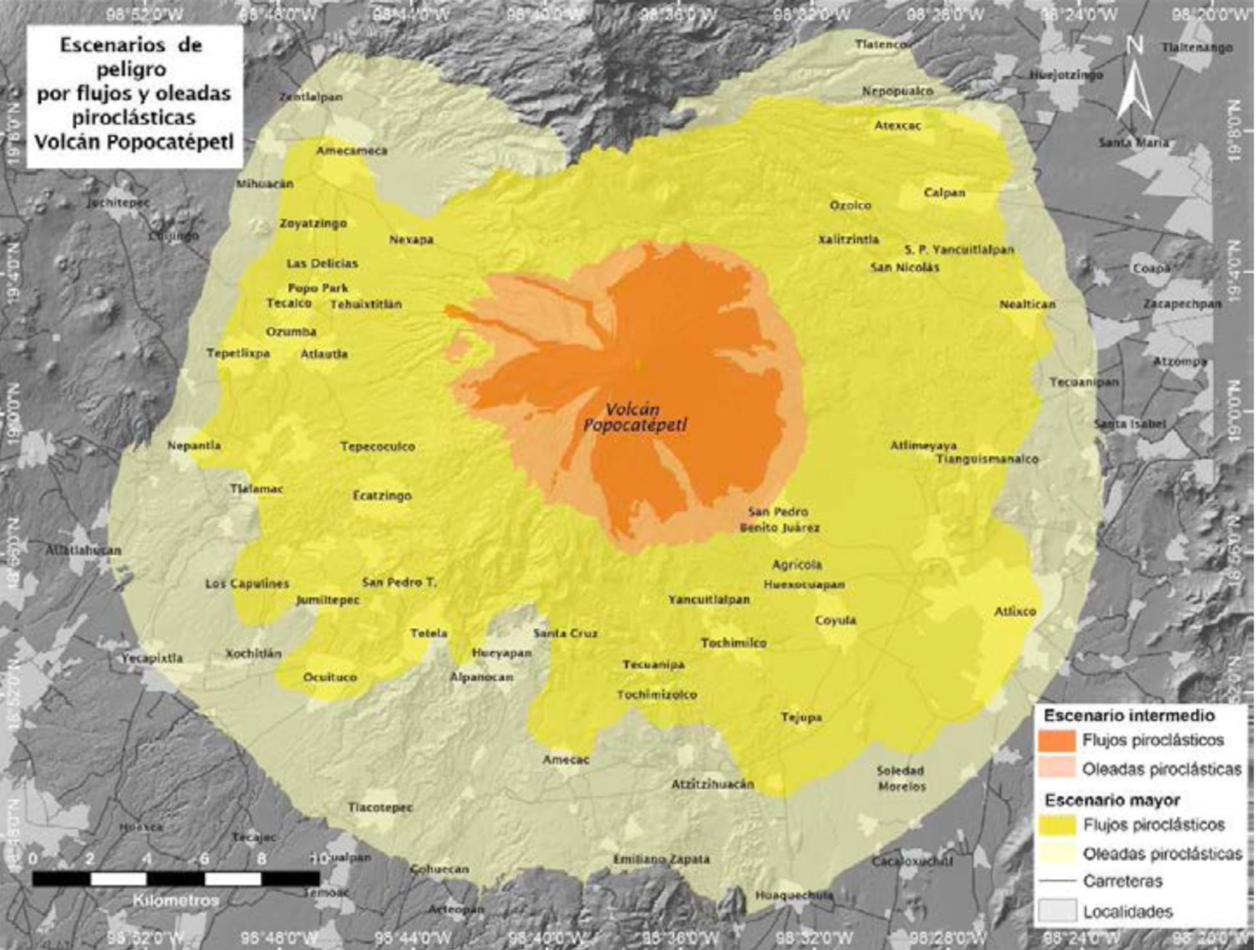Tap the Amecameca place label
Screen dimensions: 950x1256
pos(352,151)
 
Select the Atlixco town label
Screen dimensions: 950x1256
pos(1015,612)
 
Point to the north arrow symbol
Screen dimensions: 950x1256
pos(1134,83)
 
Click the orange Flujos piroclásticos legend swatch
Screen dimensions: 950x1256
pos(1057,740)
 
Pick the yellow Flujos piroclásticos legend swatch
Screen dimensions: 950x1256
pos(1057,825)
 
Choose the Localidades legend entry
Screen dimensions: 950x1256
pos(1128,912)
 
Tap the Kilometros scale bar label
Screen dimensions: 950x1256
pos(176,900)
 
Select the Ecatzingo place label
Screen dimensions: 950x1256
pos(382,496)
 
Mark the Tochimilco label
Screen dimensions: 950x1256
pos(734,643)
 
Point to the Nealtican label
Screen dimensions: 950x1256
pos(1027,304)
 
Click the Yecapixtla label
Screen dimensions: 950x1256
pos(153,658)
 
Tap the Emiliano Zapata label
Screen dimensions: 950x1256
pos(661,859)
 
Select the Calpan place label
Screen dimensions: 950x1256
pos(944,193)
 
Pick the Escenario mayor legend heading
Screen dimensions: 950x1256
pos(1112,800)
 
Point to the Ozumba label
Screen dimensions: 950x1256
pos(291,332)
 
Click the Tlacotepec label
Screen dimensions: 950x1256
pos(380,808)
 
